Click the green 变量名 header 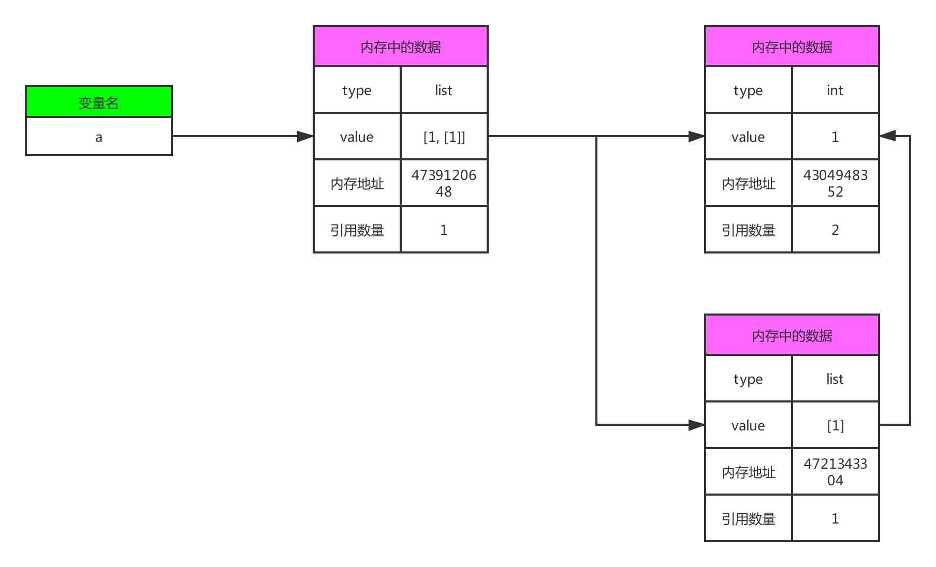(x=98, y=102)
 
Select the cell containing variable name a (x=98, y=137)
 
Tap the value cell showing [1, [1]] (x=444, y=137)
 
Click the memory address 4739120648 (x=444, y=183)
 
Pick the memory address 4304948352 (x=835, y=183)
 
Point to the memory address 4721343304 (x=835, y=472)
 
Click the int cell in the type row (x=835, y=91)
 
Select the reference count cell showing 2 (x=835, y=230)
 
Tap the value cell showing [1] (x=835, y=425)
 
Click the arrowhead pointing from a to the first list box (x=305, y=137)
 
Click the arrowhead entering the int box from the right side (x=888, y=136)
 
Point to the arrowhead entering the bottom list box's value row (x=696, y=425)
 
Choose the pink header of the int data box (x=792, y=47)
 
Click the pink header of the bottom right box (x=792, y=335)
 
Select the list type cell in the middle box (x=444, y=91)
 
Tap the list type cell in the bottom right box (x=835, y=379)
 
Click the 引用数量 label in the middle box (x=357, y=230)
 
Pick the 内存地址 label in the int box (x=749, y=183)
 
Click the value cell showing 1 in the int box (x=835, y=137)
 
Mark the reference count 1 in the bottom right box (x=835, y=518)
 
